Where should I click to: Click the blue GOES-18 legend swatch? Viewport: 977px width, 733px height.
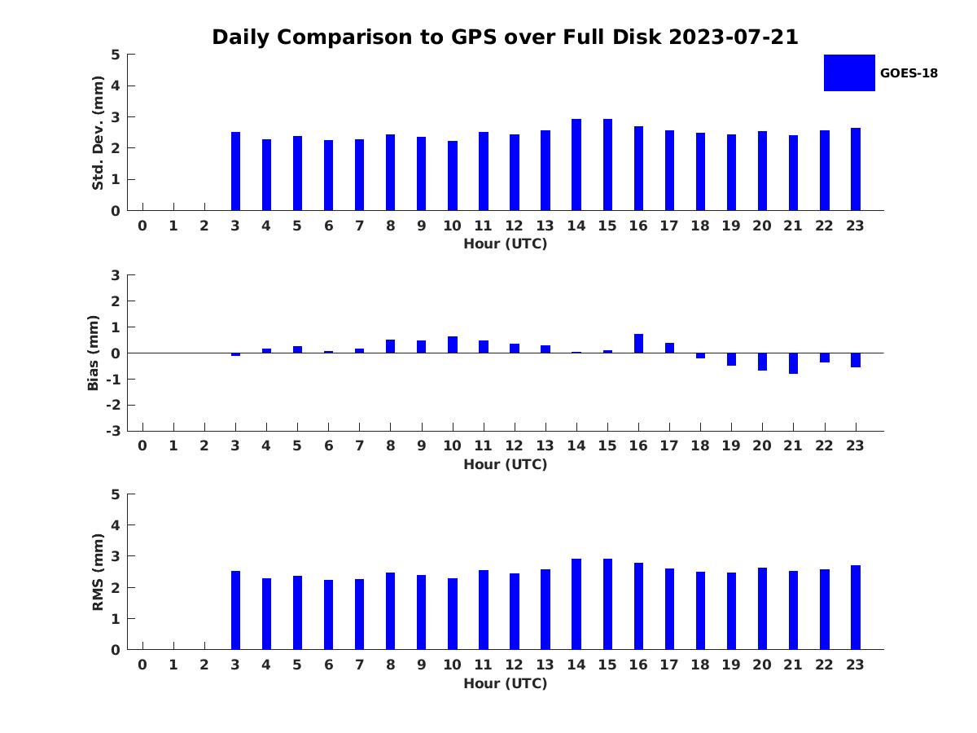pos(849,73)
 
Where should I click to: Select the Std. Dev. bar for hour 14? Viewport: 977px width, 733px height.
pos(576,165)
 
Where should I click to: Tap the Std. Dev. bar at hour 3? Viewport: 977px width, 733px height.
pos(235,171)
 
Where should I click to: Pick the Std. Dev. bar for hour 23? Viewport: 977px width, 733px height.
pos(855,169)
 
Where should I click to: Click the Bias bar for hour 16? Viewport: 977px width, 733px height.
pos(638,344)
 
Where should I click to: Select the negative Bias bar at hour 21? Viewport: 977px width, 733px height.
pos(793,363)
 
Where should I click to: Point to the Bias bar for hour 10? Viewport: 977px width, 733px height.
pos(452,345)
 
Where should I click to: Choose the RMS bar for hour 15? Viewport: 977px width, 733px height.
pos(607,604)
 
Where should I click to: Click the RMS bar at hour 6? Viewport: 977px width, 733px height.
pos(328,615)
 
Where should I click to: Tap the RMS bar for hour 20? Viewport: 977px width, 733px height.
pos(762,608)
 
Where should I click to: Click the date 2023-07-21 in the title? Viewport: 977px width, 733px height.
pos(733,37)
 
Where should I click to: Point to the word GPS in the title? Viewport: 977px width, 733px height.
pos(474,37)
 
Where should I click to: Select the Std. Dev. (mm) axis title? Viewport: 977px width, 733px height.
pos(98,133)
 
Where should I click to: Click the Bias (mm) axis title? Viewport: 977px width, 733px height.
pos(93,353)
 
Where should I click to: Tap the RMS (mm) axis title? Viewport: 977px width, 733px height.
pos(98,572)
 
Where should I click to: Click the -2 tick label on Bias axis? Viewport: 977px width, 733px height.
pos(113,405)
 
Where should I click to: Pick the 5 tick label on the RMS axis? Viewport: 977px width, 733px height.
pos(116,494)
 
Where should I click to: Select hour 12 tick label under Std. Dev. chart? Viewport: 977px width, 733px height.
pos(514,226)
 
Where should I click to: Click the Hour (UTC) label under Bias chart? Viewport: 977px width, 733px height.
pos(506,464)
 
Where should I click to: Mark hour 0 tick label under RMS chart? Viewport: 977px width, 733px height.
pos(142,665)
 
